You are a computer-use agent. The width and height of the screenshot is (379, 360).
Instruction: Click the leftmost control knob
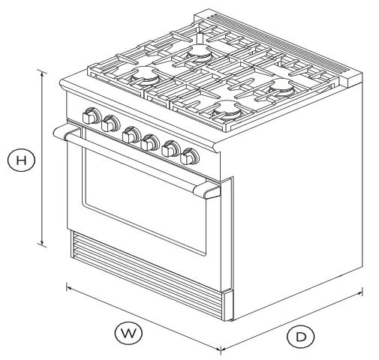click(x=92, y=118)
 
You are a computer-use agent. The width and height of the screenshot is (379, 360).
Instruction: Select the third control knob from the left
click(x=131, y=134)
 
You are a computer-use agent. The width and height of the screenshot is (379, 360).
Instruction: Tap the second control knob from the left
click(x=112, y=124)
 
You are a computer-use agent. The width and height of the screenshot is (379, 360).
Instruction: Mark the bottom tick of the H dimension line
click(x=43, y=244)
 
